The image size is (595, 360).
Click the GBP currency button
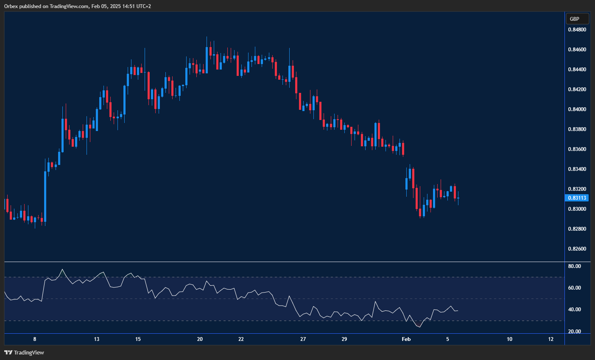[577, 19]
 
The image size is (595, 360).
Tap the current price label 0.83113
[577, 198]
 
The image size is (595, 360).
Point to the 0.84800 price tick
[577, 30]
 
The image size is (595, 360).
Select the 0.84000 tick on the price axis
[577, 109]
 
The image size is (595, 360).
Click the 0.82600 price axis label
[577, 249]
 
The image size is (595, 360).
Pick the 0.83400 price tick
[577, 169]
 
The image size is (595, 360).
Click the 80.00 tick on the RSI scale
[574, 266]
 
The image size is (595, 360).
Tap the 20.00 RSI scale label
[574, 332]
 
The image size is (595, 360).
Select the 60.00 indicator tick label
[574, 288]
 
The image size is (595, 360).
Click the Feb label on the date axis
[406, 339]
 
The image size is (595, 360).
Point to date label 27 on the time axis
[303, 339]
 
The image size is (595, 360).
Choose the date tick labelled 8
[35, 339]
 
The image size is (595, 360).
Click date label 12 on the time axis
[550, 339]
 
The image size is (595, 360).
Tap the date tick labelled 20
[200, 339]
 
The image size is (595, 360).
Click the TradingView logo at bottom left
[24, 352]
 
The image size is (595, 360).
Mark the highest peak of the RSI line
[62, 269]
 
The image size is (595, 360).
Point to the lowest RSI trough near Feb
[419, 327]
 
